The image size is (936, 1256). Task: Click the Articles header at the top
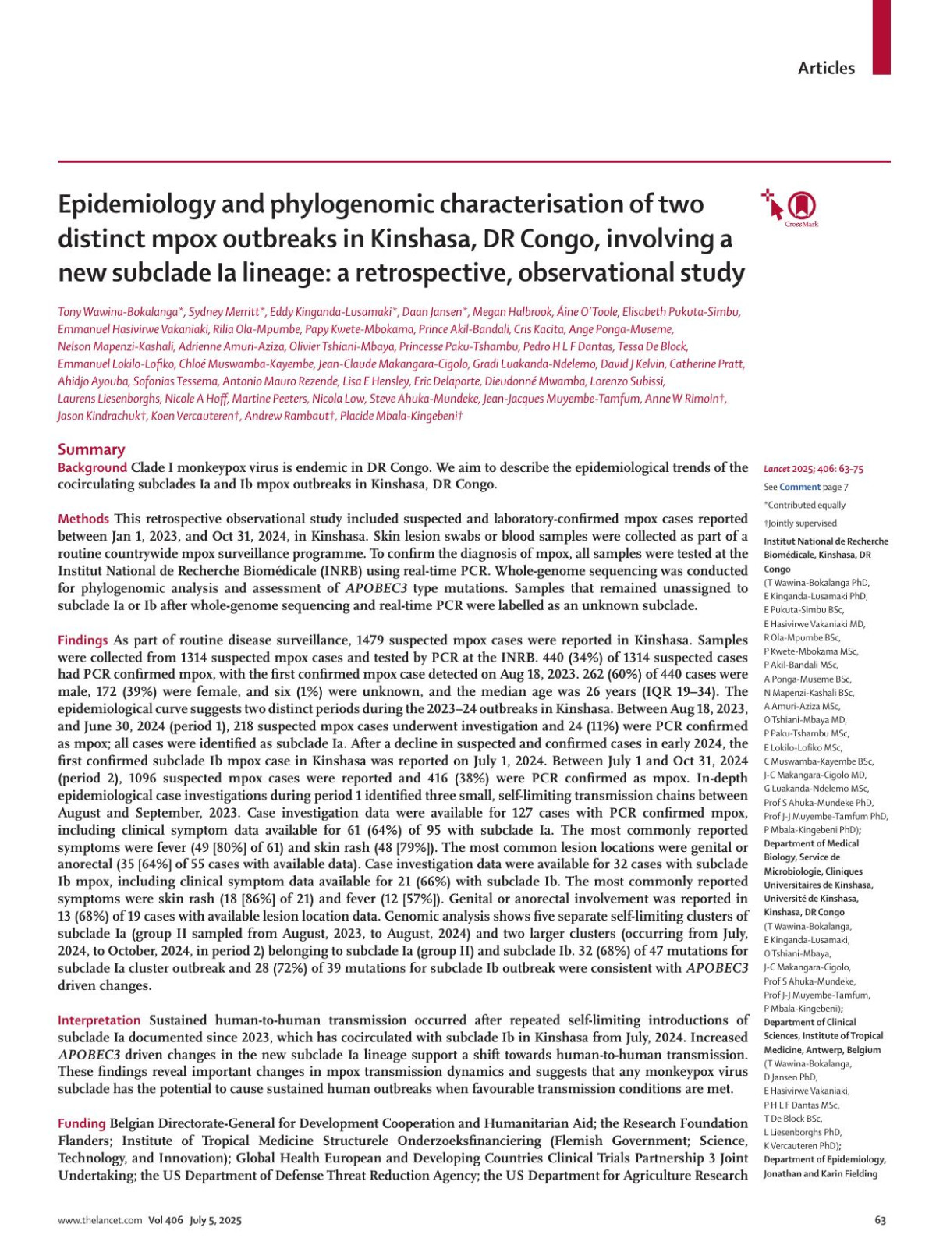point(825,69)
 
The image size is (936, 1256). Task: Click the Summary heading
point(91,449)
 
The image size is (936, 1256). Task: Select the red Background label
point(92,468)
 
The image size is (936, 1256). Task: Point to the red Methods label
point(83,519)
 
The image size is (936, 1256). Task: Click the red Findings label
point(83,640)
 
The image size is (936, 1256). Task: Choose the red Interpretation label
point(99,1020)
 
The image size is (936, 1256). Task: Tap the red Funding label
point(82,1123)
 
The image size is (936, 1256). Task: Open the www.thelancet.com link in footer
point(100,1221)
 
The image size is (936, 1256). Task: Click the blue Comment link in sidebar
point(799,488)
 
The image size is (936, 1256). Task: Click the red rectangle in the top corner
point(881,37)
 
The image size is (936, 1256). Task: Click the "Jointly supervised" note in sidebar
point(802,523)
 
